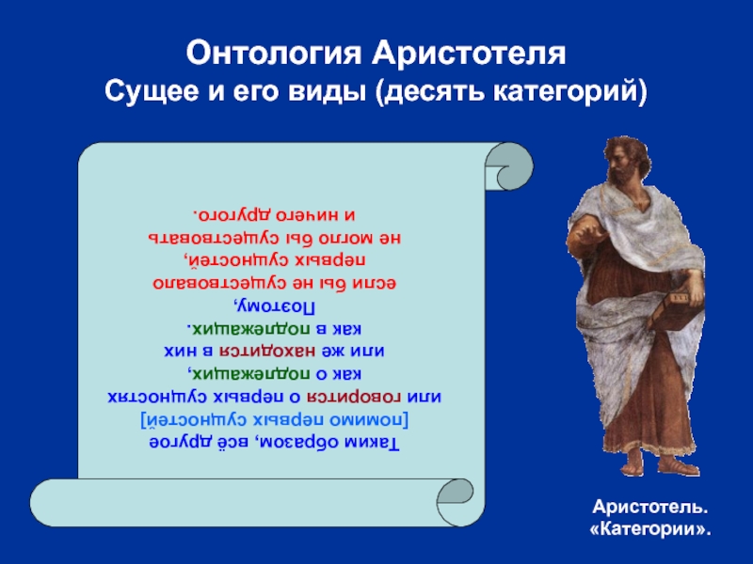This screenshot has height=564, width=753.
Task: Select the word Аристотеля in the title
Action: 469,54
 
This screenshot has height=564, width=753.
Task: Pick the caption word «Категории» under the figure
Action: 649,529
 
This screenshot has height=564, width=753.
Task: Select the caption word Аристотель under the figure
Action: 649,507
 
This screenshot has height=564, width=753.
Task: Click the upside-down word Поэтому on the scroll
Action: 274,305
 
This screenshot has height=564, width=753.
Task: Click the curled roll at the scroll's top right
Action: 509,166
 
